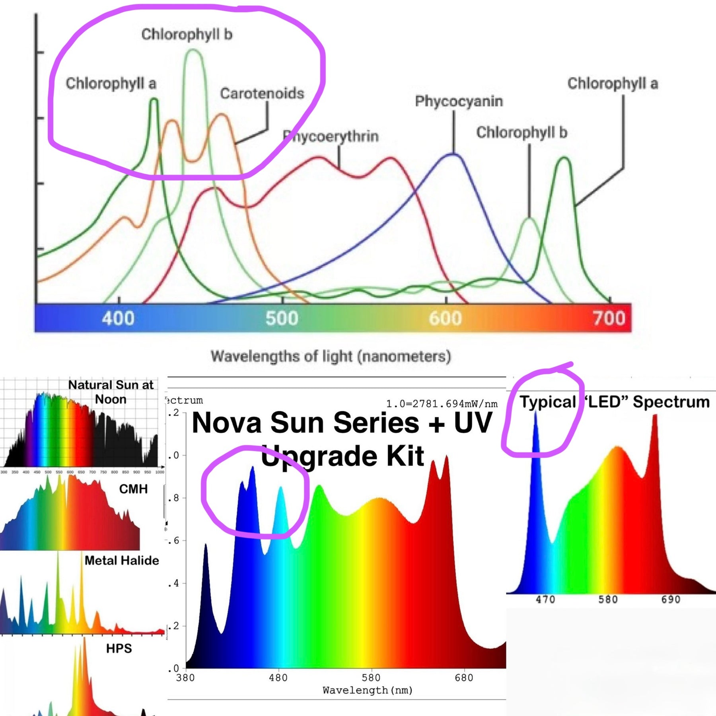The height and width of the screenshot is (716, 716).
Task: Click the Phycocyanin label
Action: pos(459,101)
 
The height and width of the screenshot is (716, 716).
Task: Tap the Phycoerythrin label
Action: pos(331,136)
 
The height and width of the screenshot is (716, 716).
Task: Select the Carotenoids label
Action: pos(262,93)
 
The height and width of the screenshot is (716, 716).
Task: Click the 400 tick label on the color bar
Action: pos(118,318)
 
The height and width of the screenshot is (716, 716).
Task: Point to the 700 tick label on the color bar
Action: pos(609,318)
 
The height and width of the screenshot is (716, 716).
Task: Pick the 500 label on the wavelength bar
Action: pos(282,318)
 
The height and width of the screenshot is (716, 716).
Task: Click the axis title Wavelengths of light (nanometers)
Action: pos(331,356)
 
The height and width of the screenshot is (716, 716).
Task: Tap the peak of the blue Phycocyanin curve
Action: pos(453,154)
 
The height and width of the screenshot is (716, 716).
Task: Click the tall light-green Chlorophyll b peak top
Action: pos(193,50)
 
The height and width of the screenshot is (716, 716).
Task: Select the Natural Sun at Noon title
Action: pos(111,392)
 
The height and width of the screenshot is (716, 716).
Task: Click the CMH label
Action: pos(133,489)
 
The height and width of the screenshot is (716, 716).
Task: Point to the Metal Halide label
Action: pos(122,560)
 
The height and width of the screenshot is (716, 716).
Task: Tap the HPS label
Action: pos(119,649)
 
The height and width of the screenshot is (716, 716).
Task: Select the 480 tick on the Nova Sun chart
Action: pos(278,677)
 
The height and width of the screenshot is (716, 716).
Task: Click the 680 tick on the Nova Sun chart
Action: pos(464,677)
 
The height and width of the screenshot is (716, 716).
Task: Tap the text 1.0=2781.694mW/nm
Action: pos(442,404)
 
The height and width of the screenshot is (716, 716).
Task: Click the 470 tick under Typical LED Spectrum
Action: pos(545,599)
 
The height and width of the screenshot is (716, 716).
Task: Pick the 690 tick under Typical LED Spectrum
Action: pos(671,599)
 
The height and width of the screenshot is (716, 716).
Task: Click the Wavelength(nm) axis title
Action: pos(368,690)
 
